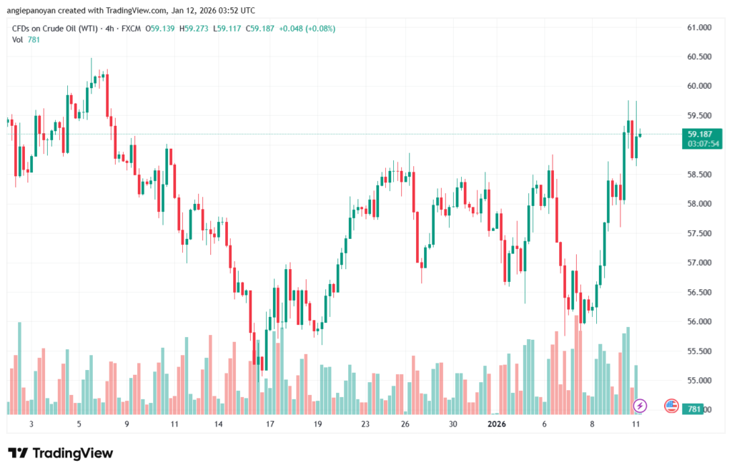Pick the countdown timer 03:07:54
click(703, 144)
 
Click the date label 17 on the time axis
click(270, 424)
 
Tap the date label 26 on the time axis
click(405, 424)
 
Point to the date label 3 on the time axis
click(31, 424)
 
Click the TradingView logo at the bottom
click(61, 453)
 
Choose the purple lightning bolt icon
click(640, 406)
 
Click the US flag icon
click(671, 406)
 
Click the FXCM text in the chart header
click(132, 29)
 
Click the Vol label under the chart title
click(18, 40)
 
